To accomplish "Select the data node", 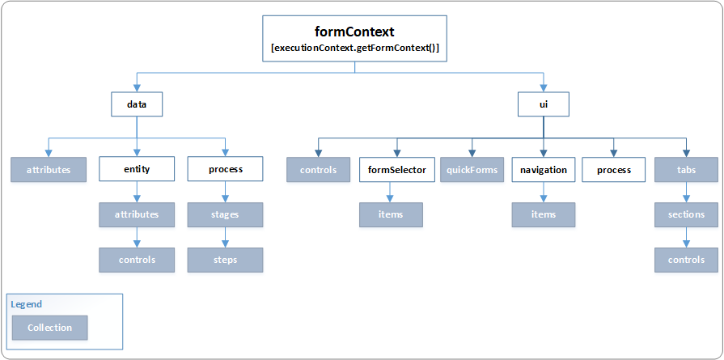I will tap(137, 104).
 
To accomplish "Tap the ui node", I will tap(543, 104).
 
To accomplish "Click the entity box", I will tap(137, 170).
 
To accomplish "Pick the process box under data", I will tap(225, 170).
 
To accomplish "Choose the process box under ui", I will tap(613, 170).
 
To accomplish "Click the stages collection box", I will tap(225, 215).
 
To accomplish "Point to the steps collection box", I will tap(225, 260).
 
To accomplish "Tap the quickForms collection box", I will tap(472, 170).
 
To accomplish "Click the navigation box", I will tap(543, 170).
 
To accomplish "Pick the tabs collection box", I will tap(686, 170).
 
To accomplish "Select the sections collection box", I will tap(686, 215).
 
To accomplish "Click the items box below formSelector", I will tap(391, 214).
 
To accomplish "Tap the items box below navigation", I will tap(543, 214).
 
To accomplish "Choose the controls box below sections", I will tap(686, 260).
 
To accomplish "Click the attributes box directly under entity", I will tap(137, 215).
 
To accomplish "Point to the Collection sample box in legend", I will tap(49, 328).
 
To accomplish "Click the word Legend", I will tap(27, 304).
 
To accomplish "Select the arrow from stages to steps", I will tap(225, 238).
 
